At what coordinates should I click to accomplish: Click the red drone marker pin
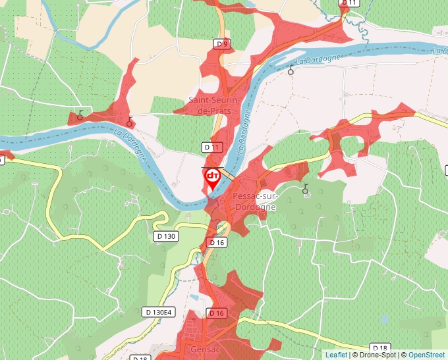213,178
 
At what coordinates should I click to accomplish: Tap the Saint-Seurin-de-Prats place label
214,105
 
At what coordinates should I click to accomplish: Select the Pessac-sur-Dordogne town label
254,201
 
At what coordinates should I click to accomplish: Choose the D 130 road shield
167,236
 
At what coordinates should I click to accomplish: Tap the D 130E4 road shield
158,311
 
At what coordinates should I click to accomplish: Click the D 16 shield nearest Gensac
217,312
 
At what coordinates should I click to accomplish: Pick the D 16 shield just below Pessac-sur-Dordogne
218,242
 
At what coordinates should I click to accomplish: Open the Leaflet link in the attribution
337,355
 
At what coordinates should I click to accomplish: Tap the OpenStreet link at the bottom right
428,355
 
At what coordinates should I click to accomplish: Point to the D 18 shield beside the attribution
379,347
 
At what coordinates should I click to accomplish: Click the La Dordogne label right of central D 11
244,132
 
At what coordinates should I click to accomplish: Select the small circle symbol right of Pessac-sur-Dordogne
305,190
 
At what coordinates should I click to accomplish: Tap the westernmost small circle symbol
80,115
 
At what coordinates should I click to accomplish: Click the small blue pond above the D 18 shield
384,319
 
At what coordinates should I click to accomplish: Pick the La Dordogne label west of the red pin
130,141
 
